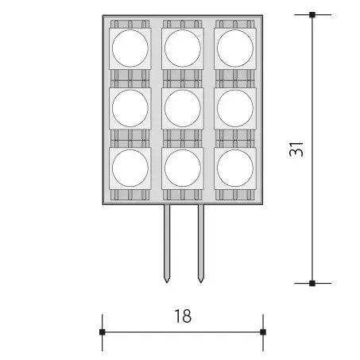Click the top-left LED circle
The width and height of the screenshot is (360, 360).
click(x=130, y=49)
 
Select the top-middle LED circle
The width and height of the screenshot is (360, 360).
click(x=182, y=49)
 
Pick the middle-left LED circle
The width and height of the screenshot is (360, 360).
click(x=130, y=107)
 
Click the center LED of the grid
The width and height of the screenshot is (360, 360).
click(x=182, y=107)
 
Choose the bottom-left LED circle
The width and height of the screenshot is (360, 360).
click(x=130, y=167)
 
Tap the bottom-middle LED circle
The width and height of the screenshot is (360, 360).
click(x=182, y=167)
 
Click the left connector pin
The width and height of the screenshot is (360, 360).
click(x=167, y=238)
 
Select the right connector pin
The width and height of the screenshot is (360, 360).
click(x=199, y=238)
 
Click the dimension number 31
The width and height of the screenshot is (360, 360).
click(x=296, y=149)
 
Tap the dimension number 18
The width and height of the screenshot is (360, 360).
click(x=182, y=315)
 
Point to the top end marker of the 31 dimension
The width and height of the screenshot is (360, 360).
click(x=312, y=14)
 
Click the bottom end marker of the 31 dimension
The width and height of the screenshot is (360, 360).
click(x=312, y=282)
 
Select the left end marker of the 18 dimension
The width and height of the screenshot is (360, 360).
click(x=103, y=331)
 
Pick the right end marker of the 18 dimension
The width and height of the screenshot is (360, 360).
click(x=263, y=331)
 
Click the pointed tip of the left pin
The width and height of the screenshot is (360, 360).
click(x=167, y=281)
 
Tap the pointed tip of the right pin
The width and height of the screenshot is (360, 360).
click(x=200, y=281)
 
